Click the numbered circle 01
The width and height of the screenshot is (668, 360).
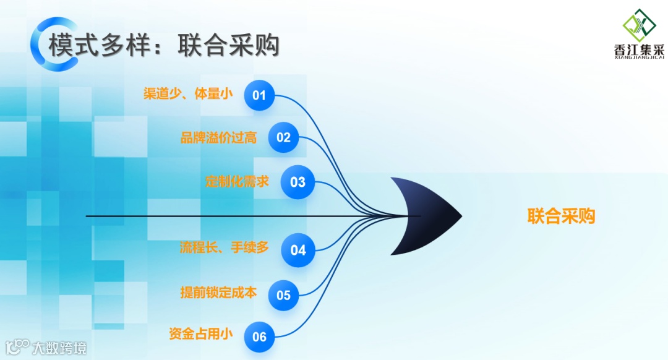(259, 95)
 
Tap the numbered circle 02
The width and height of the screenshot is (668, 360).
(283, 137)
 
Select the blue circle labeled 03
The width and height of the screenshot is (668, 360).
(298, 182)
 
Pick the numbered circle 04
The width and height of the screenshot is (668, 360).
(298, 251)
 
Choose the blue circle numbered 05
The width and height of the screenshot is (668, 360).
(283, 295)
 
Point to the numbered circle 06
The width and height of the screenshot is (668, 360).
(259, 336)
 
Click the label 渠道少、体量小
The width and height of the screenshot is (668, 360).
(188, 94)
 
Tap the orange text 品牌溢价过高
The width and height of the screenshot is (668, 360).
(218, 137)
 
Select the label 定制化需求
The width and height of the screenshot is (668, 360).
(237, 182)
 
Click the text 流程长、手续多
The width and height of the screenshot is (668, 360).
(224, 247)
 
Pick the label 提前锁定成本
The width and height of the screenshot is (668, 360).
(218, 293)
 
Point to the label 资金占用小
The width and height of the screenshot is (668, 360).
(200, 334)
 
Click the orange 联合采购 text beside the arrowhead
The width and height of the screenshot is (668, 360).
(561, 216)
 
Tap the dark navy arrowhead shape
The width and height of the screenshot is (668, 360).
(427, 216)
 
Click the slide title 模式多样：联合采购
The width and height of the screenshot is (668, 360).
(164, 46)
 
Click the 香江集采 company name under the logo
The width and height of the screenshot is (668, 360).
(639, 51)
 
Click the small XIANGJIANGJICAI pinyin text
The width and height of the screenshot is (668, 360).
(639, 59)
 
